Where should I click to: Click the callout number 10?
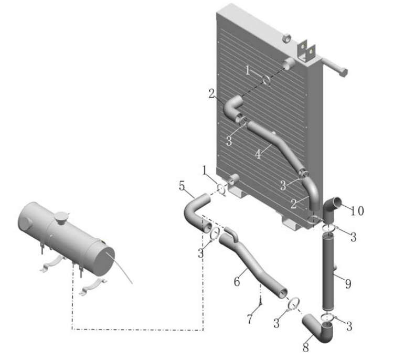point(357,211)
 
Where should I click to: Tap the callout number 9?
point(348,284)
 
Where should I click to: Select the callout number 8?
point(306,347)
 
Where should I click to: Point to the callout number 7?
point(250,319)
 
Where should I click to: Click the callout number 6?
point(237,281)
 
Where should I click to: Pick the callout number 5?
point(182,186)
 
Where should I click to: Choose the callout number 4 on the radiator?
point(258,154)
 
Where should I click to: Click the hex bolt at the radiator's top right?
point(335,68)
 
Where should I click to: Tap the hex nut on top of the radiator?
point(286,38)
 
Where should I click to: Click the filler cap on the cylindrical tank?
point(61,218)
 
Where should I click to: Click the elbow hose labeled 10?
point(332,210)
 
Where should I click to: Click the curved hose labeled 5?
point(195,211)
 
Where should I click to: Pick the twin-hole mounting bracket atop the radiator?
point(307,51)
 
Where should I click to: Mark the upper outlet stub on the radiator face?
point(289,63)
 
